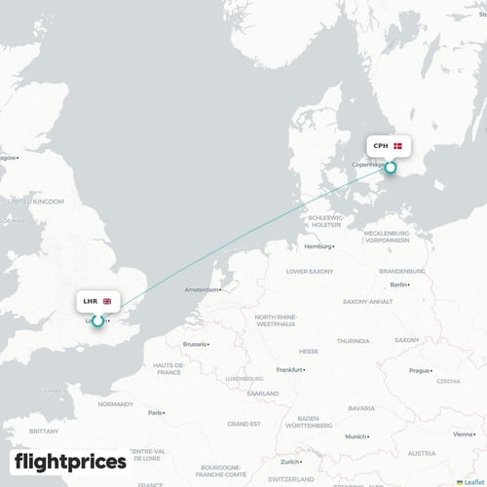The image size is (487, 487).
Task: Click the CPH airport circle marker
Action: (x=391, y=168)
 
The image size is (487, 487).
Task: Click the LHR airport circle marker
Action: (x=97, y=320)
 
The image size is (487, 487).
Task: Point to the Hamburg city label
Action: (x=318, y=247)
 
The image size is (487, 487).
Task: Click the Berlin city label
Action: (x=398, y=284)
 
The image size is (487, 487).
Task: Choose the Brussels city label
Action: (x=196, y=344)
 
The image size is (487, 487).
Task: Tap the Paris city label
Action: (x=156, y=412)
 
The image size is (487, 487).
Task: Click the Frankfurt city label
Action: (x=289, y=370)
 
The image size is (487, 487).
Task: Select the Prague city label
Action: (x=420, y=370)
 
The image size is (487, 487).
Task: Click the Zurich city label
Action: (x=291, y=461)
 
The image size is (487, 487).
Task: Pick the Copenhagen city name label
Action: (x=369, y=167)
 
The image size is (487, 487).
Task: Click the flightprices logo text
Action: (x=69, y=462)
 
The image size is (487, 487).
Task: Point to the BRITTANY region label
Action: (x=43, y=430)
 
